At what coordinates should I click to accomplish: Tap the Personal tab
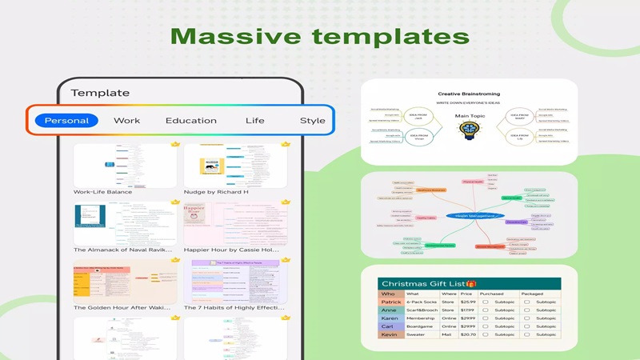pos(66,121)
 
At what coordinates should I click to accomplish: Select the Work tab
pos(126,121)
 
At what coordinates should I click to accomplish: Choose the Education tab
pos(190,121)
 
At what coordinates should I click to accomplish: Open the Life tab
pos(254,121)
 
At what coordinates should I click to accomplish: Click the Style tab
pos(312,121)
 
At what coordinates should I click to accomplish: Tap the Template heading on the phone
pos(100,93)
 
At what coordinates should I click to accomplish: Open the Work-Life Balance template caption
pos(102,192)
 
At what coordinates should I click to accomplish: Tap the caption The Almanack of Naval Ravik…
pos(124,250)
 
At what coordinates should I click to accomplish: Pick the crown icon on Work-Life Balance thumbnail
pos(175,145)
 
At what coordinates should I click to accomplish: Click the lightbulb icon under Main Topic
pos(470,131)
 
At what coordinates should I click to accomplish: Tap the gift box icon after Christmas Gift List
pos(471,284)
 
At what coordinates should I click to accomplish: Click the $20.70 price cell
pos(468,334)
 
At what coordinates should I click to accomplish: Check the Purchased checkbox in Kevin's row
pos(486,334)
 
